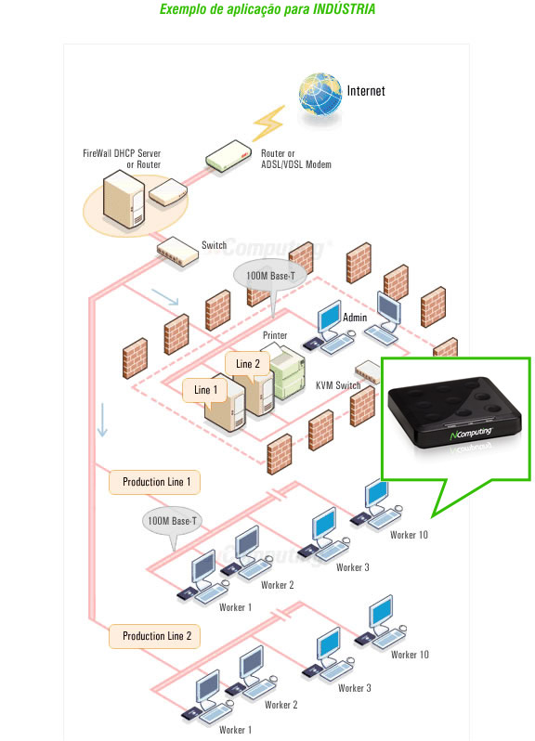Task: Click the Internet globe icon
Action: pyautogui.click(x=320, y=94)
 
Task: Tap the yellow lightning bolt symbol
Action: pyautogui.click(x=269, y=123)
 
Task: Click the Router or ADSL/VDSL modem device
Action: pyautogui.click(x=228, y=156)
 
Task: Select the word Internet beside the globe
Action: pyautogui.click(x=366, y=91)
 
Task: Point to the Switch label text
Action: pyautogui.click(x=215, y=245)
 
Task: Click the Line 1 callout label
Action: pyautogui.click(x=205, y=390)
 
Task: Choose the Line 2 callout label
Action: pyautogui.click(x=248, y=364)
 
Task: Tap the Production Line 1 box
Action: pyautogui.click(x=154, y=482)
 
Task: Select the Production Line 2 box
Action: pyautogui.click(x=154, y=636)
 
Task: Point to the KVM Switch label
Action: pyautogui.click(x=338, y=385)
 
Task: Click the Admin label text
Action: pyautogui.click(x=355, y=317)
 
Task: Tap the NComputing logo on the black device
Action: pyautogui.click(x=471, y=433)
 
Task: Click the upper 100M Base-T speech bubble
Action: pyautogui.click(x=270, y=276)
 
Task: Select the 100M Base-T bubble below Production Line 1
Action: pyautogui.click(x=172, y=521)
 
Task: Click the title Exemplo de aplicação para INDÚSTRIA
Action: pyautogui.click(x=267, y=9)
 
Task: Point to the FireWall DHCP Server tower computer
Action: pyautogui.click(x=124, y=199)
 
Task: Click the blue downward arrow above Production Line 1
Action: pyautogui.click(x=102, y=420)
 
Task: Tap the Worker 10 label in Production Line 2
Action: pyautogui.click(x=410, y=655)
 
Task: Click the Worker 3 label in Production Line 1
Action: pyautogui.click(x=353, y=567)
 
